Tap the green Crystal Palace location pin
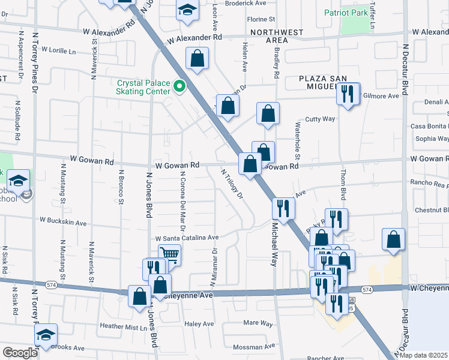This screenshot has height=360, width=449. pyautogui.click(x=179, y=87)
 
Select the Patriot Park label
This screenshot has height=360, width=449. pyautogui.click(x=345, y=12)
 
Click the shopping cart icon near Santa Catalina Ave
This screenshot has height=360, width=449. pyautogui.click(x=169, y=254)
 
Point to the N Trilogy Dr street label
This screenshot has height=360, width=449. pyautogui.click(x=232, y=184)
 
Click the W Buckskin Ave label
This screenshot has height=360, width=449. pyautogui.click(x=62, y=221)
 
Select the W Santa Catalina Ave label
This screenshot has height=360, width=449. pyautogui.click(x=187, y=238)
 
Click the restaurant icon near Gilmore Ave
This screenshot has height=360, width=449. pyautogui.click(x=347, y=94)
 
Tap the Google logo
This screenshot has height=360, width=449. pyautogui.click(x=20, y=352)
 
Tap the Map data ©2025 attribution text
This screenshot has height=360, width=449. pyautogui.click(x=423, y=355)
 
